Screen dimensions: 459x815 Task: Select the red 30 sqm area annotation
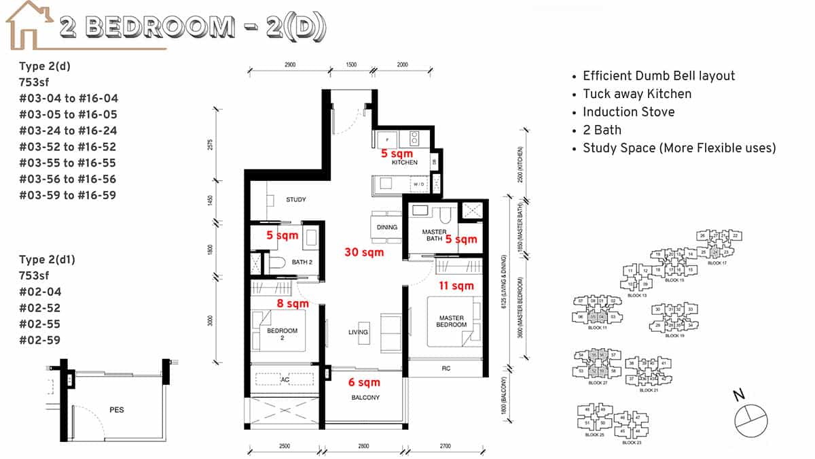364,252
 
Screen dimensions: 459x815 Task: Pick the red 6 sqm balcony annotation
364,383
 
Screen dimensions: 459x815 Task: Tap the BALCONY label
365,397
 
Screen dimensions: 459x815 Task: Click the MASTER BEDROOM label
452,321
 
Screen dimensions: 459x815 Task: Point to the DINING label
386,227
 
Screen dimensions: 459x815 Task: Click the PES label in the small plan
116,410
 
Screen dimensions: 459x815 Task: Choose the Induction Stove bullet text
628,112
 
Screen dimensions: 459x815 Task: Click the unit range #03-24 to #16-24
68,131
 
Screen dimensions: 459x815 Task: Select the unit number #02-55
40,324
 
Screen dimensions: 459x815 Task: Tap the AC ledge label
285,379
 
